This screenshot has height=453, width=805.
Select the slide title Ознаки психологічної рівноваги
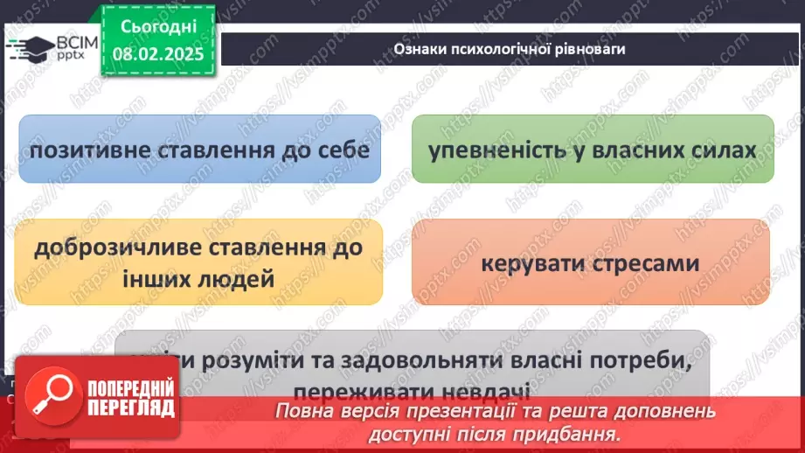509,49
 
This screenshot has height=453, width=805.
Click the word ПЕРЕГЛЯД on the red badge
129,408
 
